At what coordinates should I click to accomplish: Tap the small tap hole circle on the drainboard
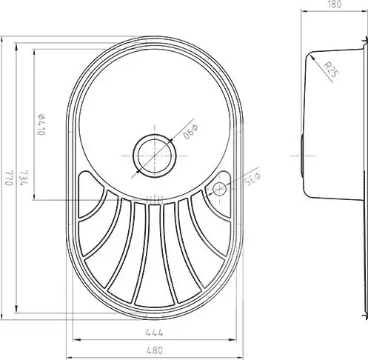click(219, 189)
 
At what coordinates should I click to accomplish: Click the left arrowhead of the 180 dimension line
click(304, 12)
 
